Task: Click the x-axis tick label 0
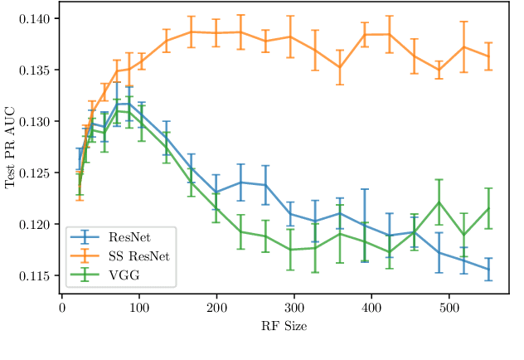61,308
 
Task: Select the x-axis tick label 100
138,308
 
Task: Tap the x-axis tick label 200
216,308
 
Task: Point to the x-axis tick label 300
294,308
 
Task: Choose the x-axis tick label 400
371,308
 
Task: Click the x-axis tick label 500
449,308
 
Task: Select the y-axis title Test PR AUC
11,147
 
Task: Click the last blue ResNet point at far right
488,269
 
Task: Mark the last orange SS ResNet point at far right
488,56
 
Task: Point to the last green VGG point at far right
488,208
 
